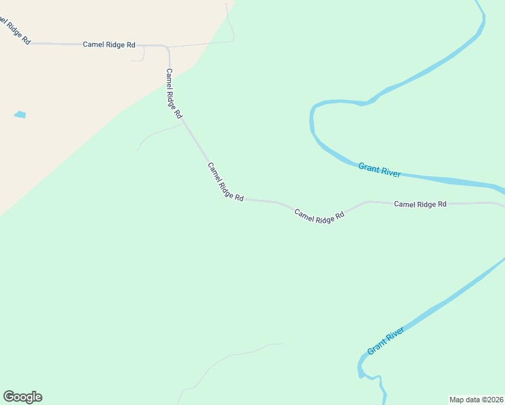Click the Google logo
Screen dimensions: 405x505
22,397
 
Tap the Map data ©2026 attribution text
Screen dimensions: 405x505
476,399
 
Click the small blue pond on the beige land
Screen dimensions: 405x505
20,115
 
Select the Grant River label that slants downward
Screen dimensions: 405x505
379,169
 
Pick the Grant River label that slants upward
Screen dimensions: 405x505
386,341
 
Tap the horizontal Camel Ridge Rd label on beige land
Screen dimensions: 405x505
109,45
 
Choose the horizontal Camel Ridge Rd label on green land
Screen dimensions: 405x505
420,204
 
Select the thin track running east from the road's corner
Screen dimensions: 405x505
203,43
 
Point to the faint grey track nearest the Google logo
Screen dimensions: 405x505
203,375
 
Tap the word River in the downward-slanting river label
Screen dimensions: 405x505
390,172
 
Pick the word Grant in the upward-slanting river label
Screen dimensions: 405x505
377,348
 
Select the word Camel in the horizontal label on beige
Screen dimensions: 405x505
94,45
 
